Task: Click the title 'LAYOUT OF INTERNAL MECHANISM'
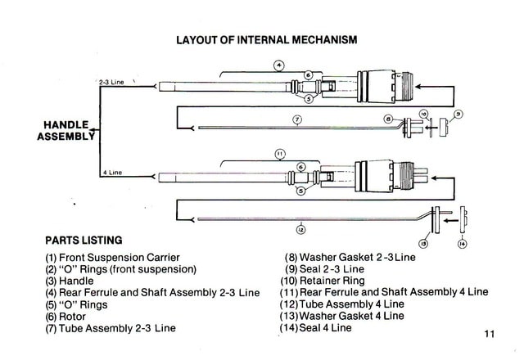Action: pos(267,39)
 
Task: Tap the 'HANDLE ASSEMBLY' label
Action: pos(66,130)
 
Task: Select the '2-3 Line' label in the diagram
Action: pos(111,83)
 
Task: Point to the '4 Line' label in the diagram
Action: pos(112,173)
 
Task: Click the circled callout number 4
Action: pos(278,65)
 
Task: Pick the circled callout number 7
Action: pos(297,119)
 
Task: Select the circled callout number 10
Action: pos(424,113)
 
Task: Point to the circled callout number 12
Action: pos(300,230)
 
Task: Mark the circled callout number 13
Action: pos(423,243)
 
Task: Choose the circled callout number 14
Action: pos(462,243)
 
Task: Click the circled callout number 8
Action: pos(388,119)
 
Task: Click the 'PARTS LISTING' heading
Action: pos(84,241)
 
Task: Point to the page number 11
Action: pos(490,334)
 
